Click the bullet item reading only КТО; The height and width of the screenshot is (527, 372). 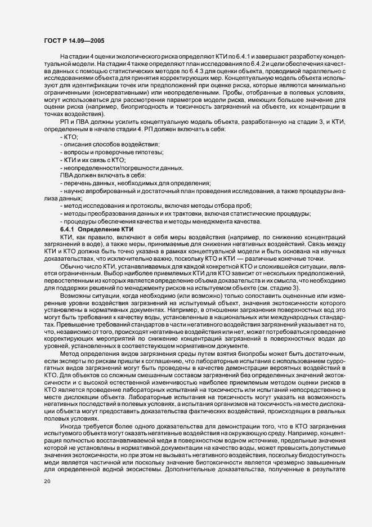(70, 137)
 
